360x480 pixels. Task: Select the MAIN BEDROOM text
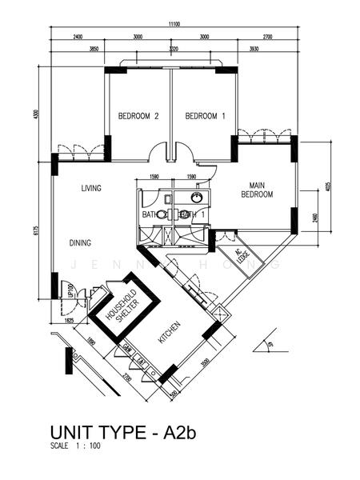coord(258,190)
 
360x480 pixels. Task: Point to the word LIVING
coord(91,189)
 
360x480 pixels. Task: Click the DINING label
coord(79,243)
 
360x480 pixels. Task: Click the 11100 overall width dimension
coord(174,26)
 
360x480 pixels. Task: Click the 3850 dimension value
coord(94,48)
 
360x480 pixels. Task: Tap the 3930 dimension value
coord(254,48)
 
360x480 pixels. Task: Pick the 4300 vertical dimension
coord(36,114)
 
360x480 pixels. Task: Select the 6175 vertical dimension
coord(36,232)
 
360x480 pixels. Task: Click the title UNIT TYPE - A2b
coord(123,434)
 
